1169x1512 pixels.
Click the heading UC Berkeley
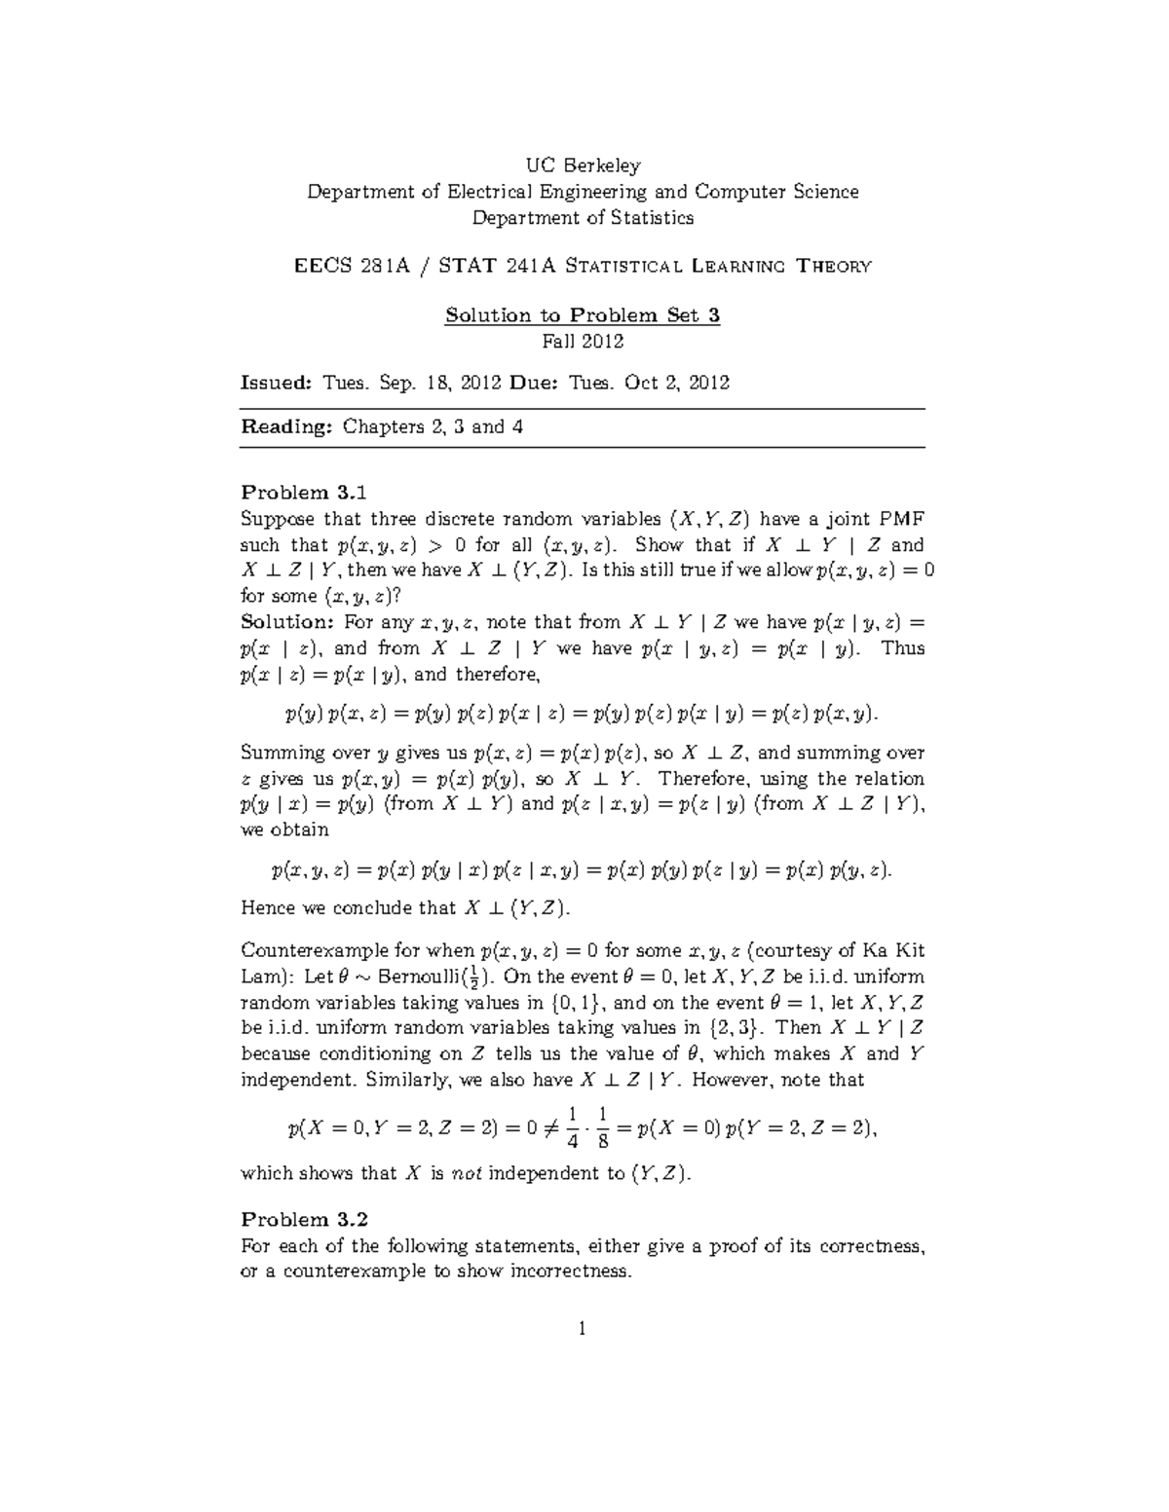tap(583, 166)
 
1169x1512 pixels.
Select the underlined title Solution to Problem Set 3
tap(583, 315)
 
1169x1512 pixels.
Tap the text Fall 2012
tap(583, 342)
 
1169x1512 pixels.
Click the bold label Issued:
tap(276, 383)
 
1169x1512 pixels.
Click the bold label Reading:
tap(286, 426)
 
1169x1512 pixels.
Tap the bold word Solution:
tap(287, 622)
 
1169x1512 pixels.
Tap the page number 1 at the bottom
tap(582, 1328)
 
